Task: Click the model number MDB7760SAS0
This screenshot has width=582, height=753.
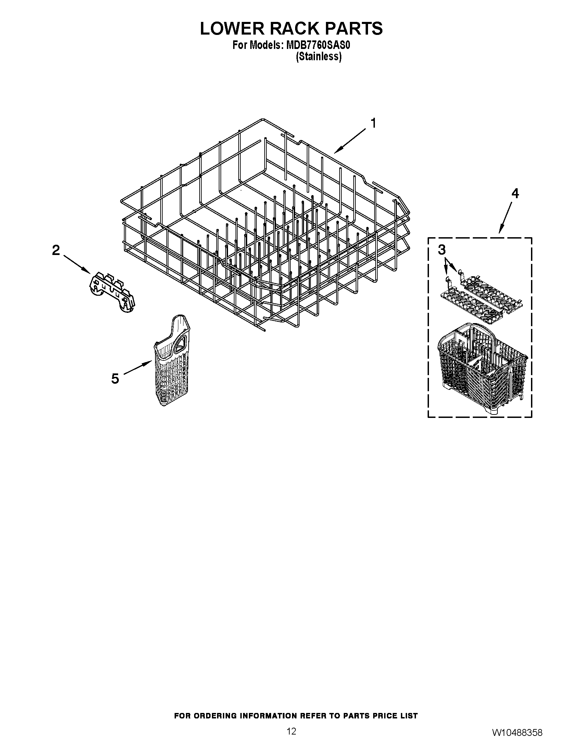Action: pos(316,45)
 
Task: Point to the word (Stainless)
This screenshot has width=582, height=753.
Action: pos(319,56)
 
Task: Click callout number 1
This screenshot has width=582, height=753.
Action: pos(373,123)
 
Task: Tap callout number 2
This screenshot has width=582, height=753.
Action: pos(56,250)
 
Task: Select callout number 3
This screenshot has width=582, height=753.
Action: pos(442,250)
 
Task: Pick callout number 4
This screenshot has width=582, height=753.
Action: pos(515,194)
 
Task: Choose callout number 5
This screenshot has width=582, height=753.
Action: pos(115,379)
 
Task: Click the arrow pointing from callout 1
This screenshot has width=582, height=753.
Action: pos(350,140)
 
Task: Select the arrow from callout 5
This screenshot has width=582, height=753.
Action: pos(138,368)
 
